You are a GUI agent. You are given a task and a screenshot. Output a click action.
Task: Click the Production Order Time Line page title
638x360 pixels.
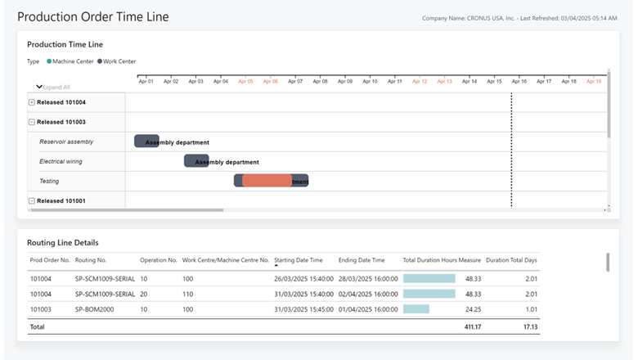coord(92,16)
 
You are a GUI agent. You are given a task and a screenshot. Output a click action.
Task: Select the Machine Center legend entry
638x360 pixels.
coord(72,61)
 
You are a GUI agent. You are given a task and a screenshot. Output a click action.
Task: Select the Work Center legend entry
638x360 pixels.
coord(117,61)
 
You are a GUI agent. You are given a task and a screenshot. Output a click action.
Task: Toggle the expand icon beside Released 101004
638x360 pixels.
coord(32,102)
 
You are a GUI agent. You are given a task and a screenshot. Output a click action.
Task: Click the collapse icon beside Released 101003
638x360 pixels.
coord(32,122)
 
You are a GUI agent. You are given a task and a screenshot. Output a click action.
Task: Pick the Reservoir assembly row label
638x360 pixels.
coord(66,142)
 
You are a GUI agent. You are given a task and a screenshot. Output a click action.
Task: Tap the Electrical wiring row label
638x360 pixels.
coord(61,161)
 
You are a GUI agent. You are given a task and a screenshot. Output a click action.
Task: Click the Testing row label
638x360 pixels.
coord(49,181)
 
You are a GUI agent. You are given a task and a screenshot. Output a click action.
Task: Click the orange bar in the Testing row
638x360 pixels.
coord(267,181)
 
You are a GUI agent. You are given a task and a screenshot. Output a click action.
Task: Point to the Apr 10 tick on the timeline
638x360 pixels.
coord(370,81)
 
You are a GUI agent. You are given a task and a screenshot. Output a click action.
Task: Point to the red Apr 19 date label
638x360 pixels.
coord(593,81)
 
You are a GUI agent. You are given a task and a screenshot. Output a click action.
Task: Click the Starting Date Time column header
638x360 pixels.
coord(299,260)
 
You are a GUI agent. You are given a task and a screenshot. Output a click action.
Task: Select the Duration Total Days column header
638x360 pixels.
coord(511,260)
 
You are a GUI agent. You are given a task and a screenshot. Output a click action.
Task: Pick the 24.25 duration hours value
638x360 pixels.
coord(472,308)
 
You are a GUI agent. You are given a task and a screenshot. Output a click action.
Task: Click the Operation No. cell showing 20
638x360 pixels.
coord(144,294)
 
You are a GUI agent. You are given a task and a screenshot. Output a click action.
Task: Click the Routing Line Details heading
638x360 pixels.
coord(63,242)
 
